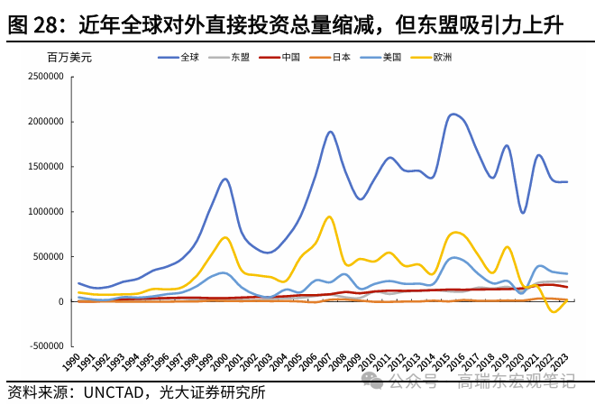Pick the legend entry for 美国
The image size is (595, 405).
point(380,57)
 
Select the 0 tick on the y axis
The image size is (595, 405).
point(61,301)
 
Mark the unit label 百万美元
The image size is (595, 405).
point(69,57)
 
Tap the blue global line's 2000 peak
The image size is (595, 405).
point(225,179)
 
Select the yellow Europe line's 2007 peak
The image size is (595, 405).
point(330,216)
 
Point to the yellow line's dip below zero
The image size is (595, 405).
point(552,311)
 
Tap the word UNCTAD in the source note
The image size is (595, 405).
point(115,392)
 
